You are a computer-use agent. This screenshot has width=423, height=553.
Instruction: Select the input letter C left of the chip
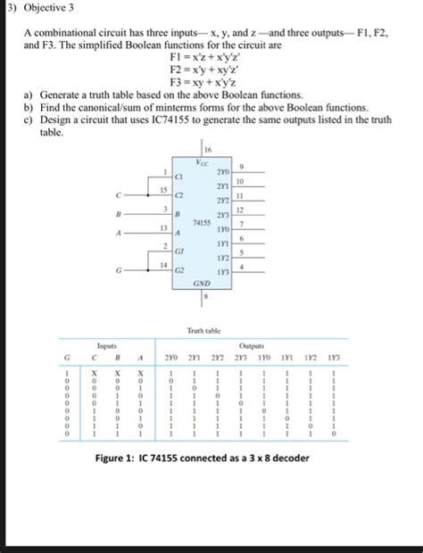coord(116,194)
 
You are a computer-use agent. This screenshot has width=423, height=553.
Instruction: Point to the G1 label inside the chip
coord(180,252)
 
